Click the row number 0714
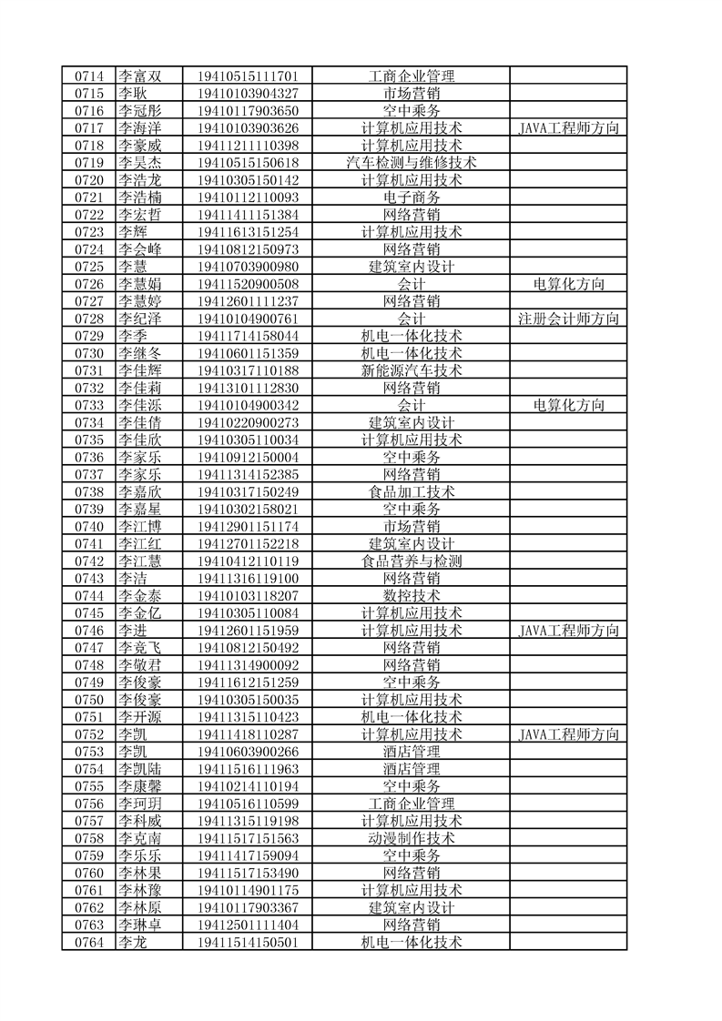[x=88, y=76]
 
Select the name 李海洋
[x=139, y=128]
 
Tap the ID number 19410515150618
[x=248, y=163]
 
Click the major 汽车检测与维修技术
[x=412, y=163]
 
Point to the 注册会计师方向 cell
[x=568, y=318]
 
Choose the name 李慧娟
[x=139, y=284]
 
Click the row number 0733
[x=88, y=405]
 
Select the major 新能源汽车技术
[x=412, y=370]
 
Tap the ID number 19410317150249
[x=248, y=491]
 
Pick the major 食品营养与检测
[x=412, y=561]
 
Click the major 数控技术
[x=412, y=595]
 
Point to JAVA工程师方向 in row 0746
[x=568, y=630]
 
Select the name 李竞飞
[x=139, y=647]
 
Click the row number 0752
[x=88, y=734]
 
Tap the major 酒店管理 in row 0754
[x=412, y=769]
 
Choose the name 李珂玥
[x=139, y=804]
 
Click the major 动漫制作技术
[x=412, y=838]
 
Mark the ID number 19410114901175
[x=248, y=890]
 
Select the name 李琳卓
[x=139, y=925]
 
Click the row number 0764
[x=88, y=942]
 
